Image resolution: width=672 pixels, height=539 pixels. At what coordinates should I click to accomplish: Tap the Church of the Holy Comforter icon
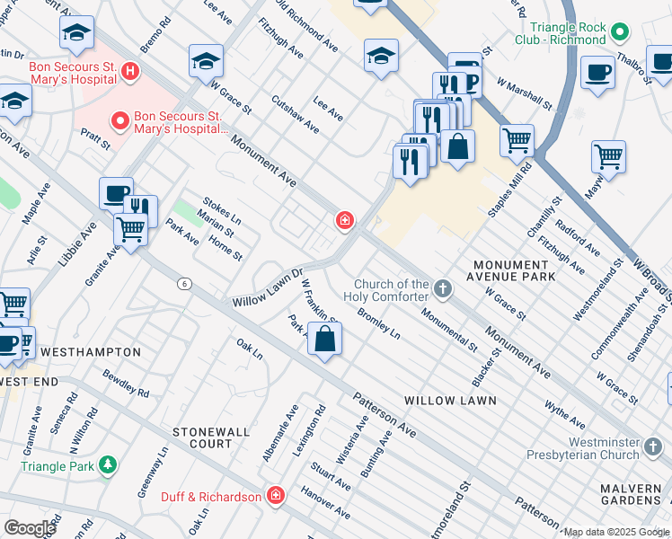pyautogui.click(x=441, y=289)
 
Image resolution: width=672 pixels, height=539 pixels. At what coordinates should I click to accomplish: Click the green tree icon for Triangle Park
pyautogui.click(x=108, y=464)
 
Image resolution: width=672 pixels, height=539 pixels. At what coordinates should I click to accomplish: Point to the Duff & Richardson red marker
pyautogui.click(x=275, y=496)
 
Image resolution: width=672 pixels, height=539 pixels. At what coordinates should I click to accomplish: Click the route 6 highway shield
pyautogui.click(x=184, y=283)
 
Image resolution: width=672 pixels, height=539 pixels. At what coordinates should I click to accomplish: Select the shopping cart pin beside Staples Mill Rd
pyautogui.click(x=517, y=140)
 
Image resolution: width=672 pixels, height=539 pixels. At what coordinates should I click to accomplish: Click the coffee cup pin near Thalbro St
pyautogui.click(x=597, y=73)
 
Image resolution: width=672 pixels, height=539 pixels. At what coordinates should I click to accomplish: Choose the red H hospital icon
pyautogui.click(x=131, y=70)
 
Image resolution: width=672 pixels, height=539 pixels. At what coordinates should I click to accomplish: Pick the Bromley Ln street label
pyautogui.click(x=377, y=323)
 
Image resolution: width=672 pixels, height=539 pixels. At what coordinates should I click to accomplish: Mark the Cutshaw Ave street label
pyautogui.click(x=295, y=115)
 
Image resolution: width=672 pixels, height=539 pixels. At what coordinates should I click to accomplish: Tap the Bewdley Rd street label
pyautogui.click(x=126, y=383)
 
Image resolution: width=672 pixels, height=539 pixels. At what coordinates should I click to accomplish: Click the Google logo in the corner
pyautogui.click(x=30, y=527)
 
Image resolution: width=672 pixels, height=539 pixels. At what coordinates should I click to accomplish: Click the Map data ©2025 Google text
pyautogui.click(x=616, y=532)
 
